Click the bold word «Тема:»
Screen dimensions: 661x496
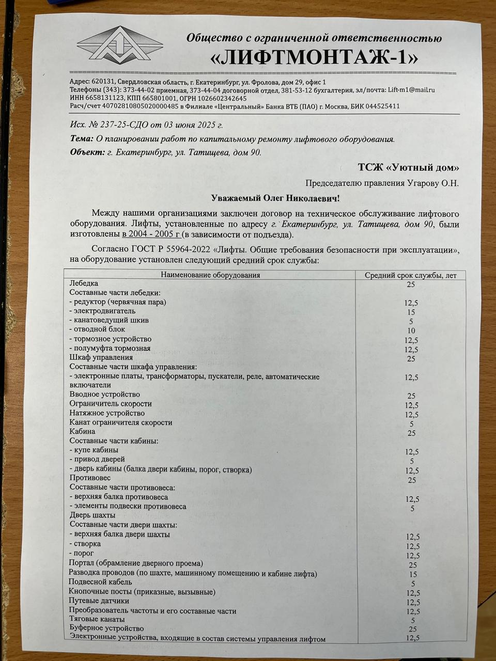click(x=82, y=139)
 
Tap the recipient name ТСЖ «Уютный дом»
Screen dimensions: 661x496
click(x=408, y=167)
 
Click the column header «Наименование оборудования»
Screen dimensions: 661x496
click(x=209, y=275)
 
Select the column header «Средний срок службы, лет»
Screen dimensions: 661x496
click(x=411, y=275)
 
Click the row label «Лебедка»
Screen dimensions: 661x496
click(x=84, y=283)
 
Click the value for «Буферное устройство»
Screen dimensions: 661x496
click(x=412, y=629)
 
